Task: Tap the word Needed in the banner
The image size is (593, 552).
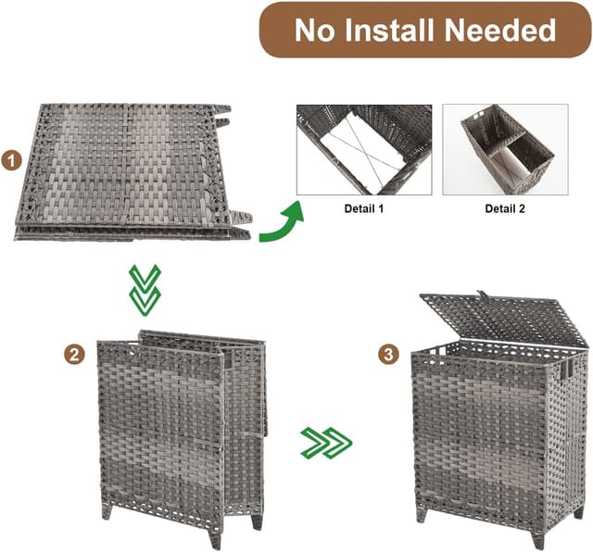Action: (500, 31)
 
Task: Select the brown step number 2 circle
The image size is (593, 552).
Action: (74, 354)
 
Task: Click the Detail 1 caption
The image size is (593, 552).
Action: (363, 209)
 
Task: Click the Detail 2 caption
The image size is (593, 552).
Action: (505, 209)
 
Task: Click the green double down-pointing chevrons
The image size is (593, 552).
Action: (145, 289)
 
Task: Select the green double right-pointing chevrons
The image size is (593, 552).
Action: (326, 443)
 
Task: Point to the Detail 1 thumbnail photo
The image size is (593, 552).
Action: (363, 149)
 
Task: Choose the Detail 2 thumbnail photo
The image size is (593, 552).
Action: (505, 149)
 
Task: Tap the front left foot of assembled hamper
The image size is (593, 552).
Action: (423, 513)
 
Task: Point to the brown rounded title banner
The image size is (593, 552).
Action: (424, 31)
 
